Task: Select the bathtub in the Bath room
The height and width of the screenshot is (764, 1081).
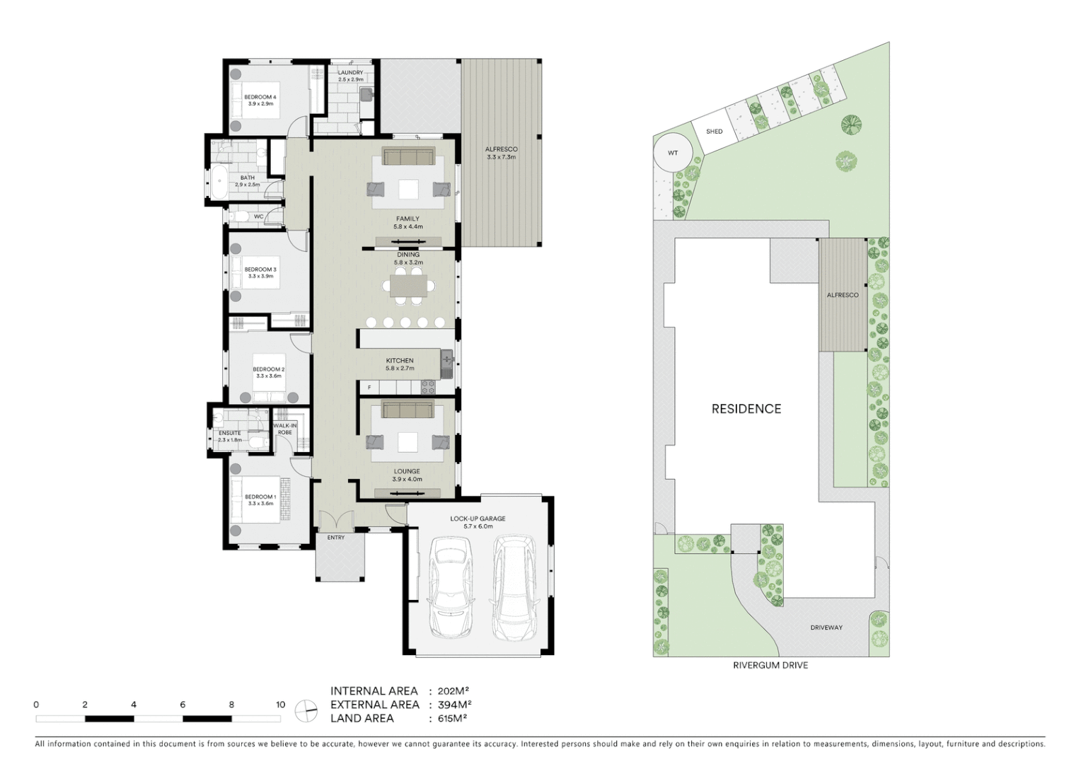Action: pos(219,182)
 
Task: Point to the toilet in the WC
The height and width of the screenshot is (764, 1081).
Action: pos(239,216)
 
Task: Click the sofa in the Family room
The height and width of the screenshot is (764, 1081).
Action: pos(408,156)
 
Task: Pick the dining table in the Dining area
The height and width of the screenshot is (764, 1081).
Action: pos(408,286)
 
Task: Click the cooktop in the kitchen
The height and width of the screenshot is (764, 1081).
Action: pos(429,387)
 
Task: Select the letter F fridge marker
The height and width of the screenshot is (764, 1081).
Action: pos(369,388)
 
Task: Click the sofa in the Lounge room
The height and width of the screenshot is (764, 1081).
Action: pos(407,410)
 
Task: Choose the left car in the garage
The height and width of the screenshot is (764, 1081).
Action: pos(451,587)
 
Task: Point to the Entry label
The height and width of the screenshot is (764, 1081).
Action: pos(336,538)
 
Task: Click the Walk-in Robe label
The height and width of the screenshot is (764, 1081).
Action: pos(285,429)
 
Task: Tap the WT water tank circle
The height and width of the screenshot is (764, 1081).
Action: pos(673,153)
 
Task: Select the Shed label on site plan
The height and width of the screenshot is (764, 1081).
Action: pos(714,132)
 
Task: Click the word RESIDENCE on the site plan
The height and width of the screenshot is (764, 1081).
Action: pos(746,409)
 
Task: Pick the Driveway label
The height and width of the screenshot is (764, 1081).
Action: pos(826,627)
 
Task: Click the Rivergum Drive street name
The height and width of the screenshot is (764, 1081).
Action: pos(770,666)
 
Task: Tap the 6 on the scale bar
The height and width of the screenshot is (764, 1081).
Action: pos(183,705)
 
